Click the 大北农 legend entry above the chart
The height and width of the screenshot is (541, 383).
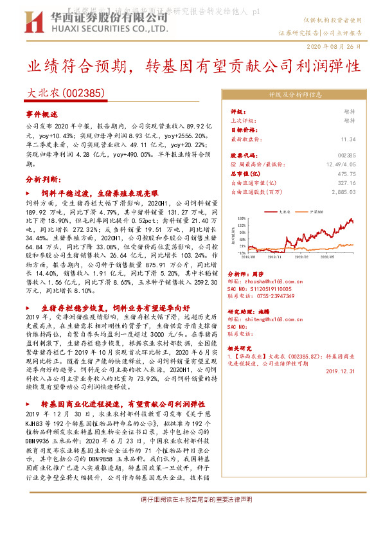click(x=287, y=210)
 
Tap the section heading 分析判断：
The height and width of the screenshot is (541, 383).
click(x=42, y=178)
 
